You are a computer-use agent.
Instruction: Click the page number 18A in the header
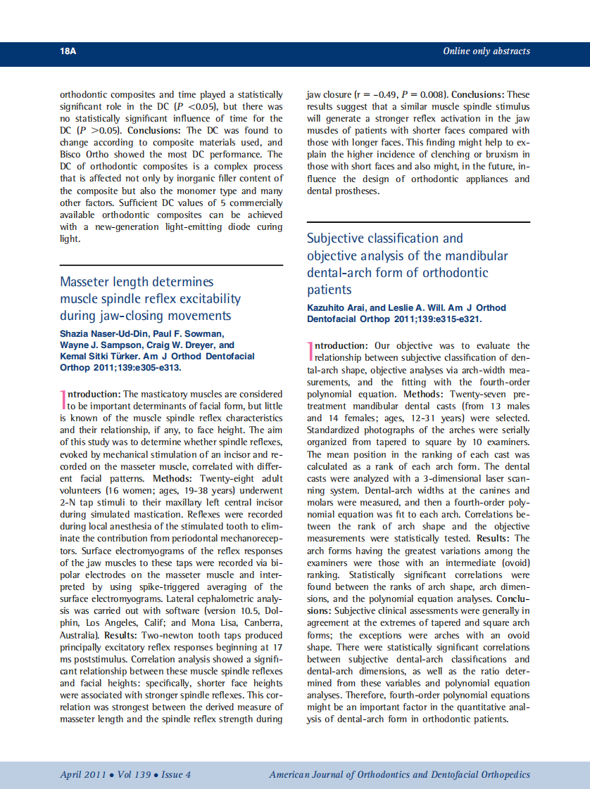tap(68, 51)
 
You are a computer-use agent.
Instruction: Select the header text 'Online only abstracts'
tap(486, 51)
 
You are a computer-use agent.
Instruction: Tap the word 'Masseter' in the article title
tap(86, 282)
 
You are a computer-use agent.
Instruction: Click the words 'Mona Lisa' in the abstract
tap(206, 623)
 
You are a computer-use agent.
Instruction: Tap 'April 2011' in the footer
tap(82, 775)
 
